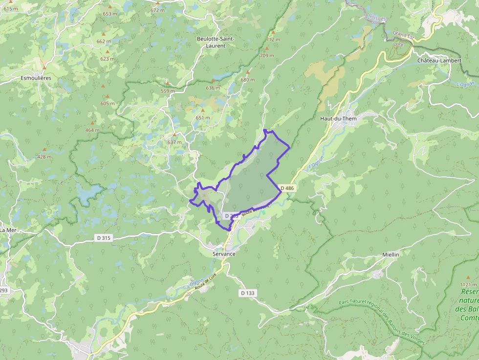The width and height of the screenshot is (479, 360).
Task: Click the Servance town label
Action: (x=224, y=254)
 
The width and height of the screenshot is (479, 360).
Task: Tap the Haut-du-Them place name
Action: (x=338, y=119)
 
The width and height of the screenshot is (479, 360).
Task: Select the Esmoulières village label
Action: (x=36, y=78)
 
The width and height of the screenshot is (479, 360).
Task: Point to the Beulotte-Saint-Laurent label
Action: (x=216, y=42)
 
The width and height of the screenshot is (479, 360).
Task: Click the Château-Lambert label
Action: (x=439, y=61)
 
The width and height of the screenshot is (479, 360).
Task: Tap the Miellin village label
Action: (x=391, y=255)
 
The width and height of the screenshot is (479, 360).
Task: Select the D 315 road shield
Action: (x=104, y=238)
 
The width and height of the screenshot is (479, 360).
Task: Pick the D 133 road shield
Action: (x=248, y=293)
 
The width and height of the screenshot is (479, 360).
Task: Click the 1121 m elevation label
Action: (x=468, y=284)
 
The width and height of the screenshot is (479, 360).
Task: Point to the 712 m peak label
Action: (x=273, y=40)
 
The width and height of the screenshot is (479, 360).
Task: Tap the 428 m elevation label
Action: (x=44, y=157)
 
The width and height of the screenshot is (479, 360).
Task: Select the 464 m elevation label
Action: (x=92, y=130)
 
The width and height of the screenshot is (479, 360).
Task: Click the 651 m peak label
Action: (x=203, y=118)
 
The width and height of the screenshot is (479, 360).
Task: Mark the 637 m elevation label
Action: (x=174, y=142)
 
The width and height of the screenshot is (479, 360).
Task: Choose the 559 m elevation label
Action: (x=168, y=91)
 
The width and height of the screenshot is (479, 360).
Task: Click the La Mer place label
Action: (x=8, y=230)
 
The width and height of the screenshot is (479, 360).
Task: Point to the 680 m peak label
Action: (x=248, y=80)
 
